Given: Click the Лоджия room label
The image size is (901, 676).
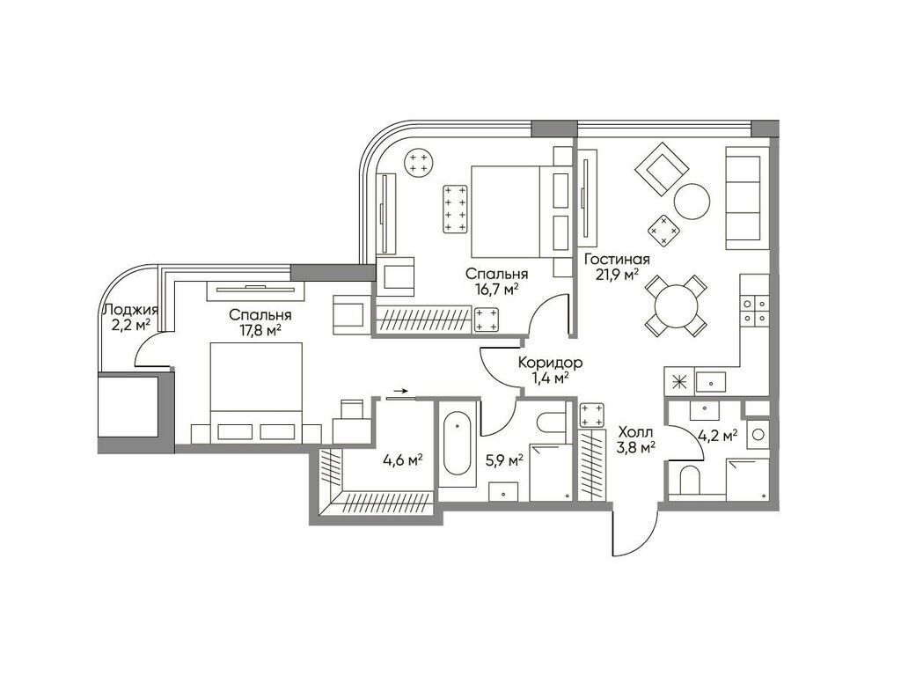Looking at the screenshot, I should [129, 310].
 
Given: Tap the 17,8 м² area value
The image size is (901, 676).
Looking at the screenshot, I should [260, 330].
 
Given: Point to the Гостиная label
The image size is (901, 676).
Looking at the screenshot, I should [617, 259].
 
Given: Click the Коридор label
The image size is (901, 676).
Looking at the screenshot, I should [550, 363].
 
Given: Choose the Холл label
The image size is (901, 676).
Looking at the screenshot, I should [635, 431].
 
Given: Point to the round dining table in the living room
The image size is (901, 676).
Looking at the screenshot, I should [675, 305].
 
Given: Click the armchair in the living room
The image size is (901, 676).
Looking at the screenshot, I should [663, 170].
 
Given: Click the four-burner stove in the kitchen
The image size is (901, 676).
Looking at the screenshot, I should [754, 311].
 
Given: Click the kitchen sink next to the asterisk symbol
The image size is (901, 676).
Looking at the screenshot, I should [710, 381].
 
